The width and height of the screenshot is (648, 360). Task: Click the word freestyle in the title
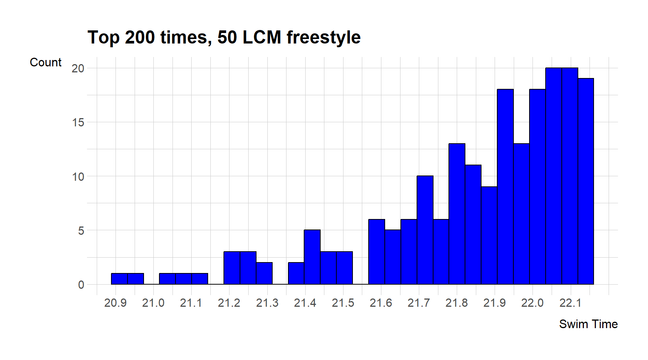(x=323, y=38)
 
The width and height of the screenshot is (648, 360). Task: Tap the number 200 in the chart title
(x=139, y=38)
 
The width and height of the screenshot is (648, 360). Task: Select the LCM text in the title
(x=262, y=38)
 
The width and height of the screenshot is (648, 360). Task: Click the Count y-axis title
(x=45, y=62)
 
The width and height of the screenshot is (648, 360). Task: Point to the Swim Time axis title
(x=588, y=324)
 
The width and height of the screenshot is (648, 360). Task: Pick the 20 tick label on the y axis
(x=78, y=68)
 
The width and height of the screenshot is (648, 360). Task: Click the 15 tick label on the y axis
(x=78, y=122)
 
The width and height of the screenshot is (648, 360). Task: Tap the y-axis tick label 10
(x=78, y=176)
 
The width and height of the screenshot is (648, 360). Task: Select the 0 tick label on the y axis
(x=81, y=285)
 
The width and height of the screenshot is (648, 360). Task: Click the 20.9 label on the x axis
(x=115, y=303)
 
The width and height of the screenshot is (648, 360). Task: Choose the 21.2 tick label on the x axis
(x=229, y=303)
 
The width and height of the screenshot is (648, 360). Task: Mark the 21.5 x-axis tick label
(x=343, y=303)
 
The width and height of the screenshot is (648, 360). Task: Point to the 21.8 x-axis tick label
(x=456, y=303)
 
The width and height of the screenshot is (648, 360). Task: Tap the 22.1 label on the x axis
(x=570, y=303)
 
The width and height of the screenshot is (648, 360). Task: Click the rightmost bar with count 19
(x=586, y=181)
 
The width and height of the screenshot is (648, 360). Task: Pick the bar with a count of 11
(x=473, y=225)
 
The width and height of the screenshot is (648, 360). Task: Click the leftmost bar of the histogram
(x=119, y=279)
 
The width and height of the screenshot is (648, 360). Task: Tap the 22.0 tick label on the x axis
(x=532, y=303)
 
